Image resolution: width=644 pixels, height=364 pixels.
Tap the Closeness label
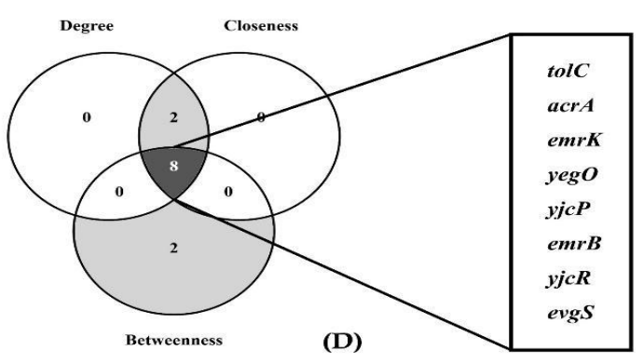[262, 26]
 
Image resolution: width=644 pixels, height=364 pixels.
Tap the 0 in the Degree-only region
[87, 117]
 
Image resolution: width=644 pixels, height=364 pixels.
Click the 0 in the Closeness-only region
[260, 118]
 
